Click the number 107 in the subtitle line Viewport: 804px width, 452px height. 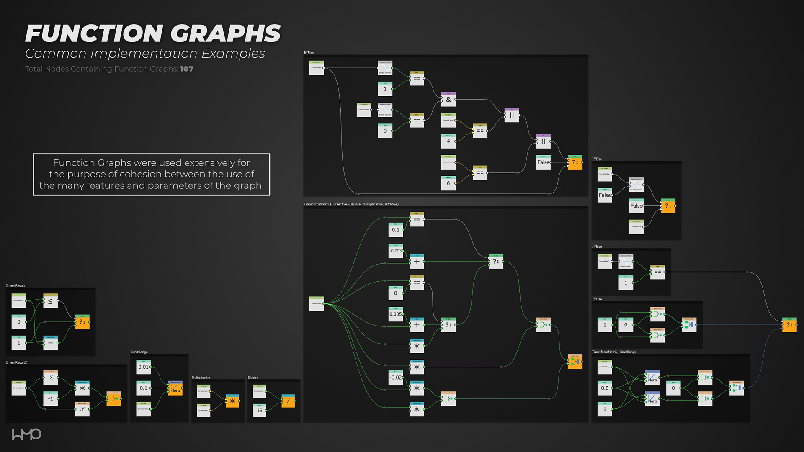click(x=187, y=69)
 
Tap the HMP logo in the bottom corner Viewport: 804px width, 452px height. click(x=26, y=434)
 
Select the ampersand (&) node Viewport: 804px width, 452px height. click(x=448, y=100)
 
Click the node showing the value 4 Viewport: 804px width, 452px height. click(x=448, y=141)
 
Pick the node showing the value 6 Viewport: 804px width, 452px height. click(x=448, y=183)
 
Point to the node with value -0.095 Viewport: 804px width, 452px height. click(x=396, y=251)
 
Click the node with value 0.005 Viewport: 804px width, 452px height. click(x=396, y=314)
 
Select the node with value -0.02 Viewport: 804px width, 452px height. click(x=396, y=377)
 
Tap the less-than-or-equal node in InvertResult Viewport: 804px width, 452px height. click(x=50, y=301)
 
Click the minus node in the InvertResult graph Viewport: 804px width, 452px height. click(x=50, y=343)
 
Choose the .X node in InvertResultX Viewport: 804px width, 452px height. click(x=50, y=378)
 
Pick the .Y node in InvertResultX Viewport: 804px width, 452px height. click(x=82, y=409)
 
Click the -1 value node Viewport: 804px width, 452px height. click(x=50, y=398)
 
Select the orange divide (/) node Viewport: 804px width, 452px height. click(x=288, y=401)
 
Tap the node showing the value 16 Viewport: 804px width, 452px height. click(x=260, y=410)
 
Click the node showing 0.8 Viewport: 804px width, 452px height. click(x=605, y=388)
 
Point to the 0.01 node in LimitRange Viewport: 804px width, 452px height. click(x=144, y=367)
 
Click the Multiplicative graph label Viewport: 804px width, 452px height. click(x=201, y=378)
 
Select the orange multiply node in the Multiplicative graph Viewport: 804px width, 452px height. click(x=232, y=401)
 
